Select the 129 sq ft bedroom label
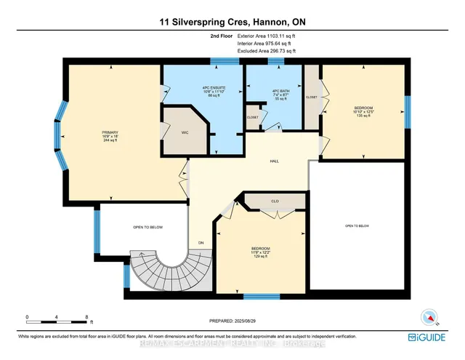pos(261,252)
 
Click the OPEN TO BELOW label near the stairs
pos(147,228)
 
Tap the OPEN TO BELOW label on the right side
pos(358,226)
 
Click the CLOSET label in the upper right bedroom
pos(311,96)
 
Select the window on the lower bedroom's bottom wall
pos(261,296)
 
